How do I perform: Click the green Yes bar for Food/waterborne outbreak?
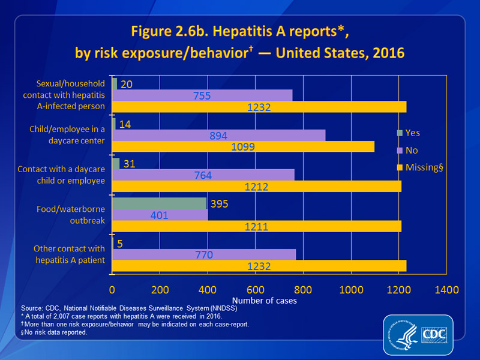(x=160, y=203)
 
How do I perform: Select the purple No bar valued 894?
(x=218, y=135)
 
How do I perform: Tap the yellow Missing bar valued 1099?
(x=243, y=146)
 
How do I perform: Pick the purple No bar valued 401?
(x=160, y=215)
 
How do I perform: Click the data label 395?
(x=221, y=203)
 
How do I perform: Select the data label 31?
(x=130, y=164)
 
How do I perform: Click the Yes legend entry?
(x=413, y=132)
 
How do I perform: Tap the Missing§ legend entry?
(x=420, y=167)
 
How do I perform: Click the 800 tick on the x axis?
(x=303, y=290)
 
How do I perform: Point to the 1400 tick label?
(x=446, y=290)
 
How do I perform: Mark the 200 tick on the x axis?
(x=160, y=290)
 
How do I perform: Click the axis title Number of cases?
(x=265, y=301)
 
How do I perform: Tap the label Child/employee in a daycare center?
(x=71, y=135)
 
